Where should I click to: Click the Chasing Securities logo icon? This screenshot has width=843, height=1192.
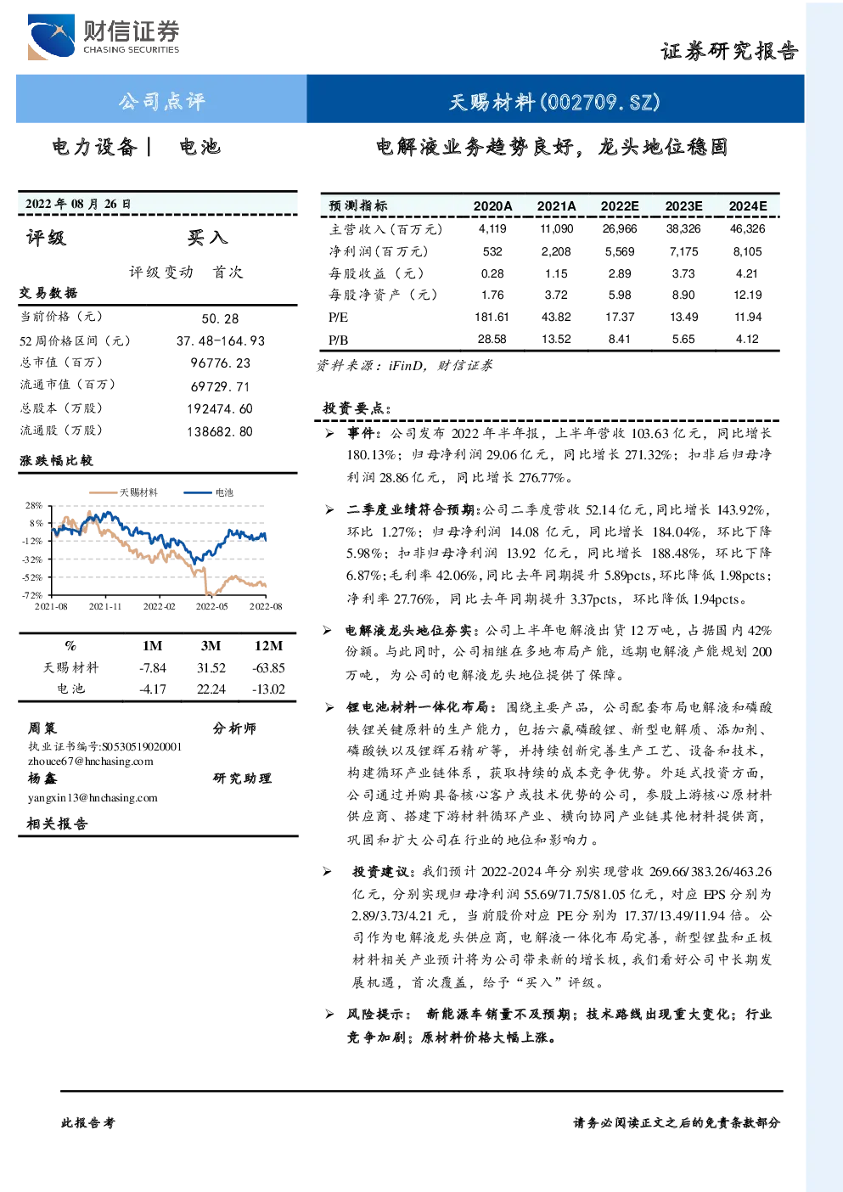[51, 37]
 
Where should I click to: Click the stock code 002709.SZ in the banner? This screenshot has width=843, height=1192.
[600, 102]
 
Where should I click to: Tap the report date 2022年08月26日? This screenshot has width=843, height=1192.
[78, 204]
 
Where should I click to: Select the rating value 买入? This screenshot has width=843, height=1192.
[207, 238]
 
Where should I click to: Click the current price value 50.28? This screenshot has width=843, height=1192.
[220, 318]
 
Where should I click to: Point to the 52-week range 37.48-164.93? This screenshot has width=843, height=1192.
[221, 341]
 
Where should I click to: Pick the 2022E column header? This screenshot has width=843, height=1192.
[620, 206]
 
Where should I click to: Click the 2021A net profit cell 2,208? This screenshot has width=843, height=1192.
[555, 251]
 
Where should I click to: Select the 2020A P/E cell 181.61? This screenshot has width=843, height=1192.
[492, 318]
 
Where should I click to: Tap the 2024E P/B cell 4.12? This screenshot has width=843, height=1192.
[747, 339]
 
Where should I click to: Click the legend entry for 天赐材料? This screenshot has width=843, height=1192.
[123, 492]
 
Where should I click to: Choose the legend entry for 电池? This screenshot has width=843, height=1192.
[209, 492]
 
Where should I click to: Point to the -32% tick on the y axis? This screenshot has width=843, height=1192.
[32, 559]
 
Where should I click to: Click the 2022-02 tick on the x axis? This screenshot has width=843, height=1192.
[159, 606]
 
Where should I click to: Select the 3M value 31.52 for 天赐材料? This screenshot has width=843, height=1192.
[211, 668]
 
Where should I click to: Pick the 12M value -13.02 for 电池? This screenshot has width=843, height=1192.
[269, 689]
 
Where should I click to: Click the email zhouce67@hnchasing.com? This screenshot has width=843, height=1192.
[91, 762]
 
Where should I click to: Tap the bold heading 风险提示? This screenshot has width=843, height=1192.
[377, 1015]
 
